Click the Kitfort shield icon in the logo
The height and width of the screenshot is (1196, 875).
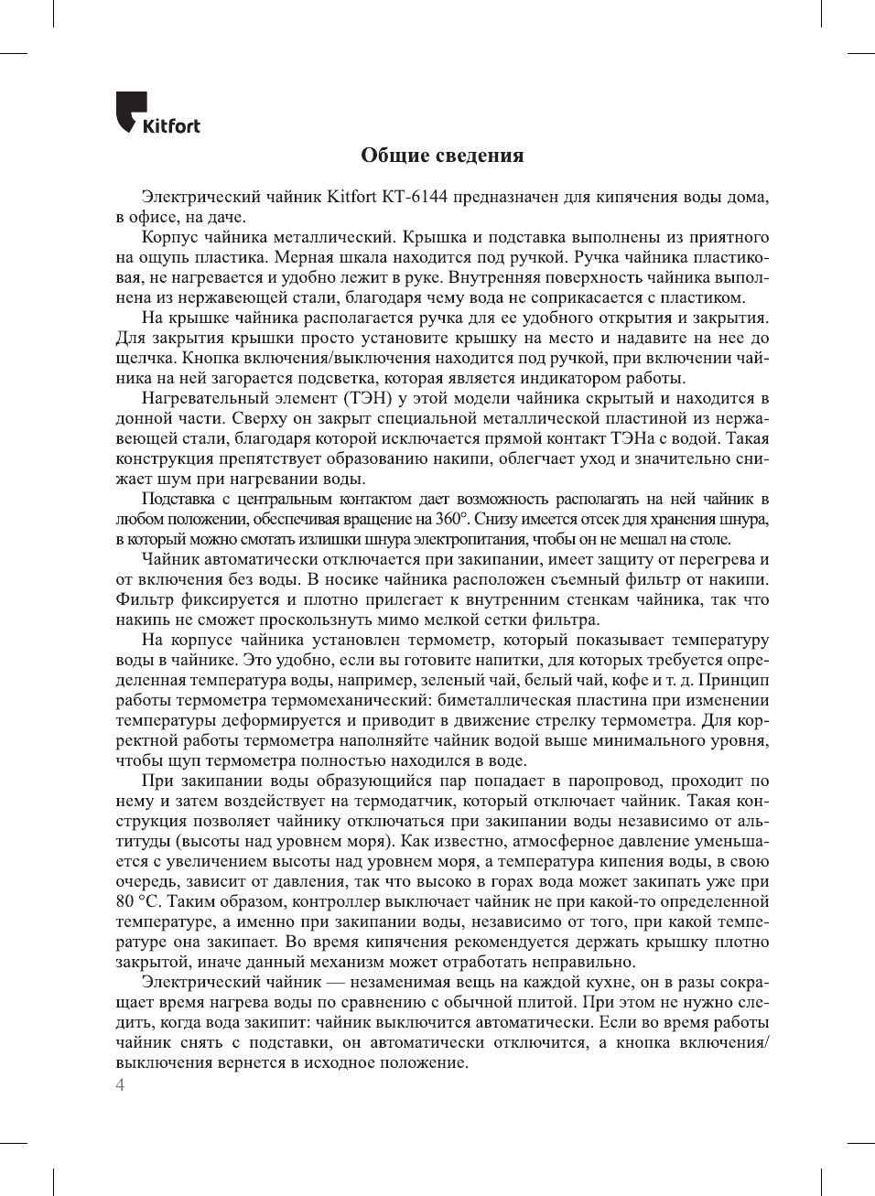(132, 110)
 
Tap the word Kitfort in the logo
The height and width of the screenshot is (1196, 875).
(171, 126)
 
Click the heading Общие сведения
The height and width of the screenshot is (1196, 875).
(442, 155)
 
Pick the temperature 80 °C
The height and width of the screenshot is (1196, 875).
(137, 901)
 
